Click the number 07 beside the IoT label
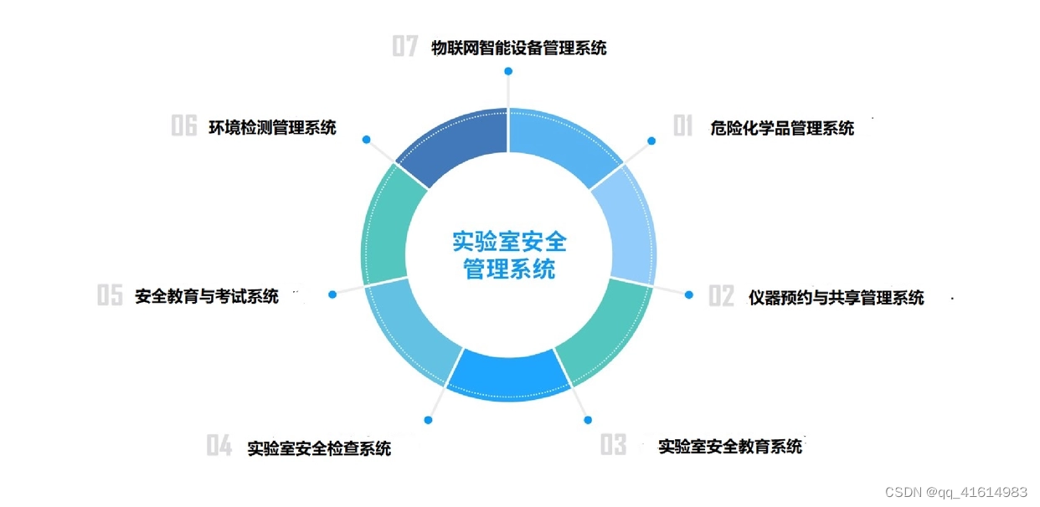click(405, 47)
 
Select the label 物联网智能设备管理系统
click(518, 48)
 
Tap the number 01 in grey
click(683, 127)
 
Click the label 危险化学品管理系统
click(781, 128)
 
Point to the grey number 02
click(721, 296)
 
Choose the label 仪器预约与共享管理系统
click(836, 297)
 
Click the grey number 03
click(613, 445)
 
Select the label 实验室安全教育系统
click(730, 446)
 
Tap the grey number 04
click(219, 447)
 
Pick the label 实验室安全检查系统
click(319, 448)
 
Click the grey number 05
click(110, 295)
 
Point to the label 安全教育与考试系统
click(206, 296)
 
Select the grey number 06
click(184, 126)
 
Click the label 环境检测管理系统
click(272, 127)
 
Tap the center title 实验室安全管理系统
click(509, 256)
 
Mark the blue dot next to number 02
click(689, 294)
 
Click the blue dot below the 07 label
click(508, 72)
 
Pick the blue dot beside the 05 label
click(332, 294)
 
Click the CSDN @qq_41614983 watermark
click(956, 492)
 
